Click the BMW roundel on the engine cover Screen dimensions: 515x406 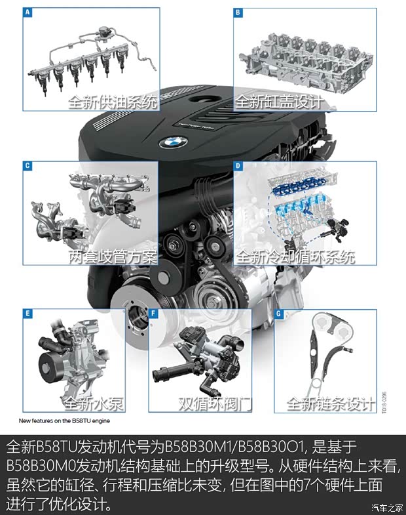[x=174, y=142]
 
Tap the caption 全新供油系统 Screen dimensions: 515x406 [x=113, y=102]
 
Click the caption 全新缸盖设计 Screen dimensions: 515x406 [x=279, y=102]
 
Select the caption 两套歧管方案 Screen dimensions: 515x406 [x=113, y=257]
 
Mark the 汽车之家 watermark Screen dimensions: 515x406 [x=386, y=506]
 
